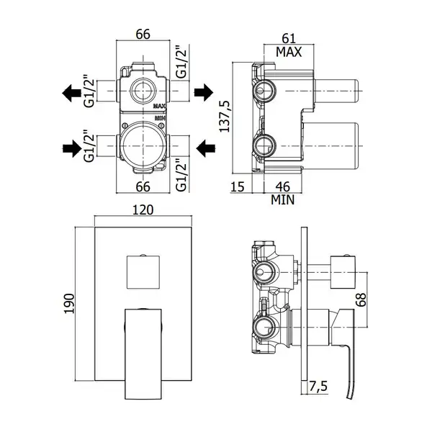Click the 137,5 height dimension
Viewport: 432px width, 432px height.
click(225, 116)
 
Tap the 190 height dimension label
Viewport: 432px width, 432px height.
click(69, 304)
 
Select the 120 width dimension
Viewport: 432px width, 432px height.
click(143, 210)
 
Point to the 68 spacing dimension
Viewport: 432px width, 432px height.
click(361, 300)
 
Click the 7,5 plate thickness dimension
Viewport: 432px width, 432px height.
click(318, 386)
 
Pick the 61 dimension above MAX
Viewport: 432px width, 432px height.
click(289, 39)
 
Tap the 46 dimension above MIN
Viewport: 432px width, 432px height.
click(283, 186)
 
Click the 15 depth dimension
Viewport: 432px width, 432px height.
click(238, 186)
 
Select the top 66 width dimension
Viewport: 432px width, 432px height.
click(143, 34)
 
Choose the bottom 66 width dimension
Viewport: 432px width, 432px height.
click(143, 186)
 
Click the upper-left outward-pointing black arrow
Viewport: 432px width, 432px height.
click(71, 93)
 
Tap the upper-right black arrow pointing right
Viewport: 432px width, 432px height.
click(204, 92)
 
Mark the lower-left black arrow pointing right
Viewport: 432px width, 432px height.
click(73, 148)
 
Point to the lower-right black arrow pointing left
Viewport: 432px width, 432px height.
click(205, 148)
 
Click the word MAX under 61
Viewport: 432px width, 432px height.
click(289, 52)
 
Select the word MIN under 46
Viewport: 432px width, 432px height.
click(283, 199)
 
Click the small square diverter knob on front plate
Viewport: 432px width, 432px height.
click(143, 272)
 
